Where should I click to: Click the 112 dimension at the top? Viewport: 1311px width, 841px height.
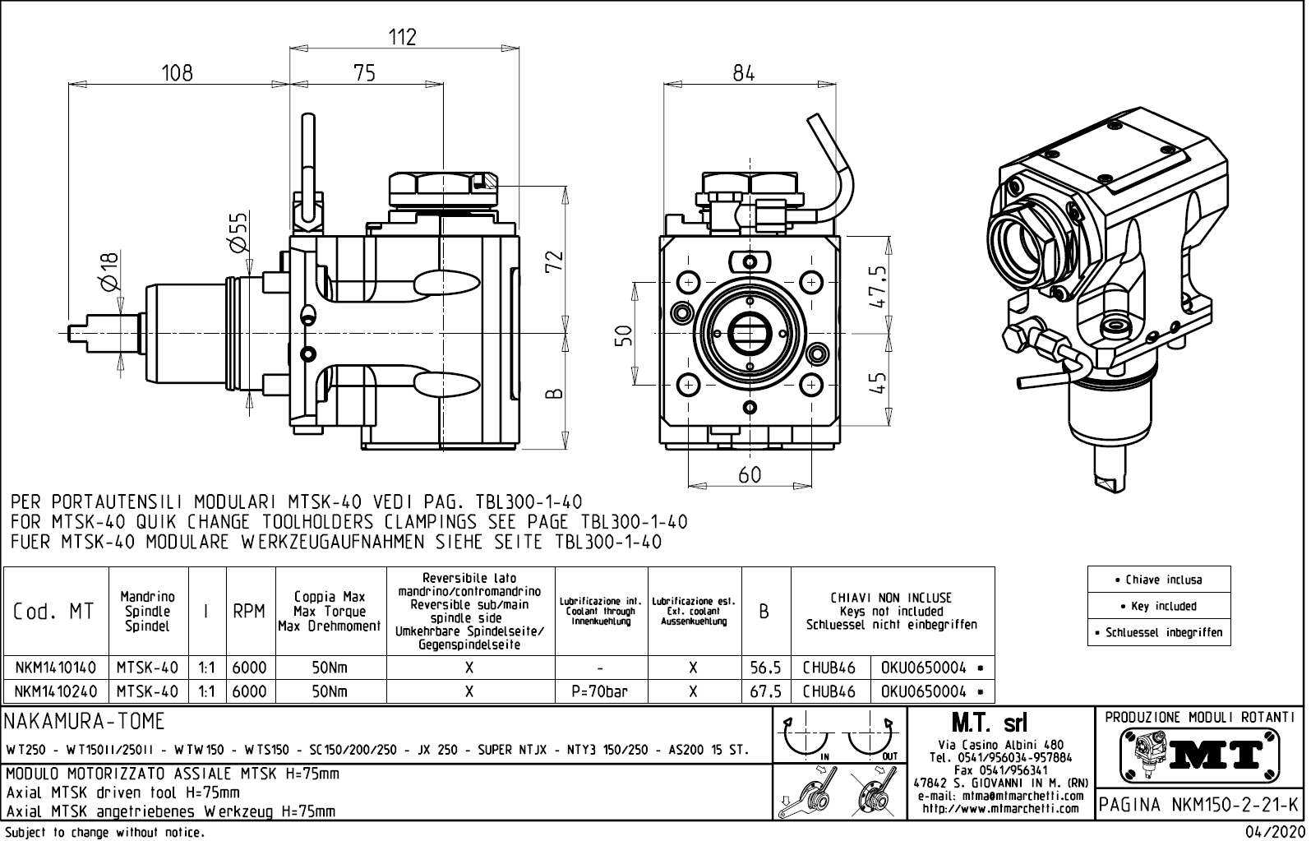click(402, 37)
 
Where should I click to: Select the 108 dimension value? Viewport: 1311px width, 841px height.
click(177, 72)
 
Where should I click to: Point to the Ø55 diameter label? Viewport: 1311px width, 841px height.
click(237, 233)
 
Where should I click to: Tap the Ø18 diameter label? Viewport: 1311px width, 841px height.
click(109, 270)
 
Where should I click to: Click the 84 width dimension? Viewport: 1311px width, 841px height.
click(744, 72)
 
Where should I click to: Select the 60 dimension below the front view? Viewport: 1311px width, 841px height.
click(750, 474)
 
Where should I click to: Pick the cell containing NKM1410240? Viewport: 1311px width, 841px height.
click(55, 691)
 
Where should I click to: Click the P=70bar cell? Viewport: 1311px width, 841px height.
click(600, 691)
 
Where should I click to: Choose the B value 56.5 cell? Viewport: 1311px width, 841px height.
click(765, 668)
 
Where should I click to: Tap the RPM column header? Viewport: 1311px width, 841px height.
click(249, 612)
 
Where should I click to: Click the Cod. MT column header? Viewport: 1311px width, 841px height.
click(54, 612)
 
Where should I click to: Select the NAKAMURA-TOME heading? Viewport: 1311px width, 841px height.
click(85, 722)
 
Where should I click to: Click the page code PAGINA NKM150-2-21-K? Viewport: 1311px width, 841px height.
click(1199, 804)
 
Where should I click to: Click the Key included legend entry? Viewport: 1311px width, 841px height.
click(1159, 606)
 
